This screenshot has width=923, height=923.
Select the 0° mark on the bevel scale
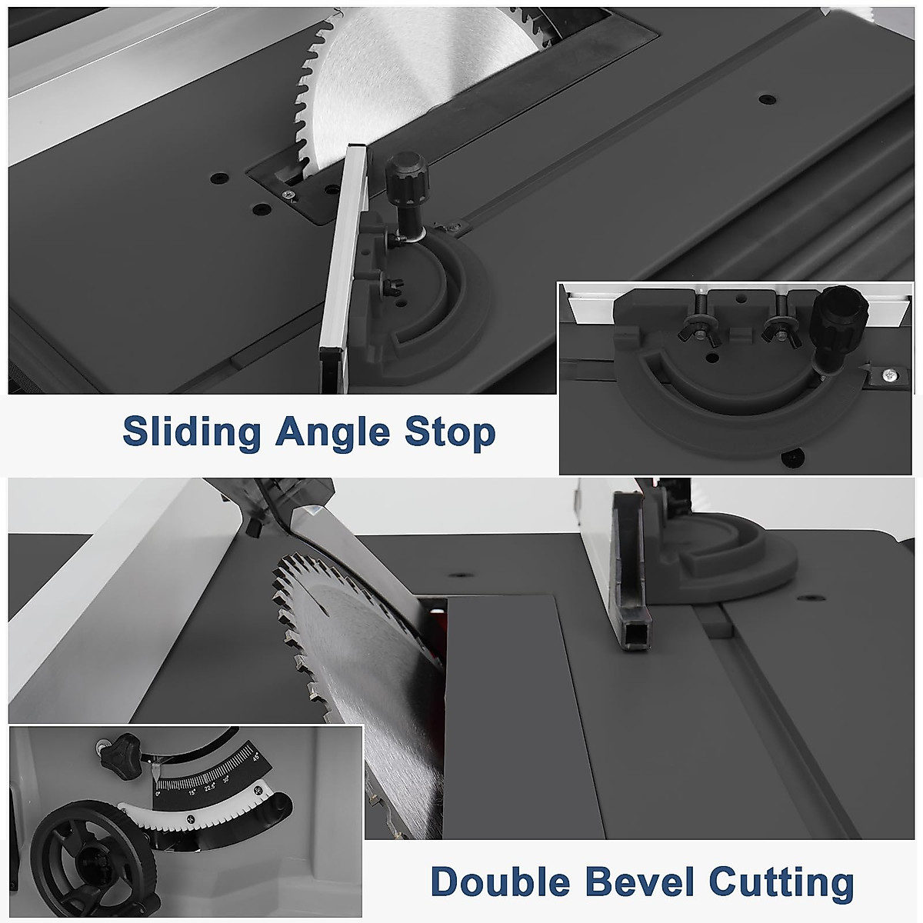pyautogui.click(x=158, y=793)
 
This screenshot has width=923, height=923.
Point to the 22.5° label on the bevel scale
pyautogui.click(x=209, y=786)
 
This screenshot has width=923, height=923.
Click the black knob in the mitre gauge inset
pyautogui.click(x=831, y=322)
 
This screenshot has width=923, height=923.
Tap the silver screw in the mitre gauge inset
pyautogui.click(x=889, y=375)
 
